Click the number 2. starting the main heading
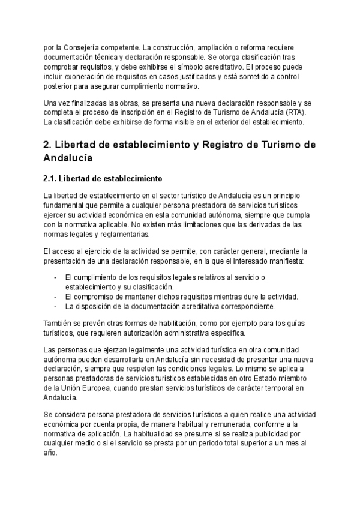50,146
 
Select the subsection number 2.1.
50,178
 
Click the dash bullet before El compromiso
55,297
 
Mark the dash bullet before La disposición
55,306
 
